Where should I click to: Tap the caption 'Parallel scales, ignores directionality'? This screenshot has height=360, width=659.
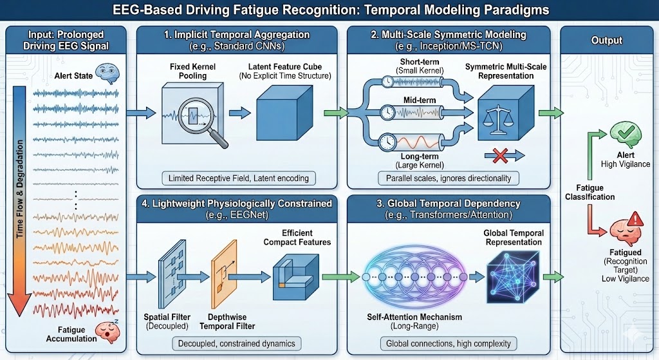click(439, 178)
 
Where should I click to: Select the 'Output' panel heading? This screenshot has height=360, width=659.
click(606, 41)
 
